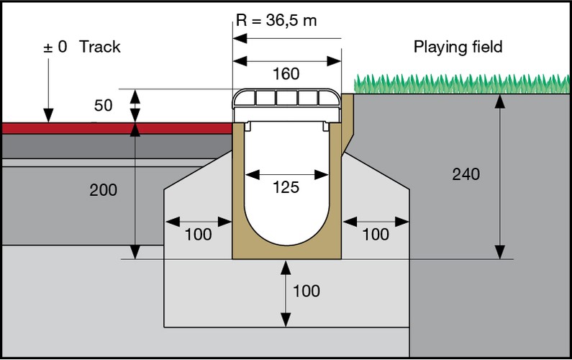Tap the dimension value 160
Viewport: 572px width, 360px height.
pos(286,73)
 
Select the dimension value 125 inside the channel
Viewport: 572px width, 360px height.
pos(286,187)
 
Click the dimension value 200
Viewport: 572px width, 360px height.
pos(103,190)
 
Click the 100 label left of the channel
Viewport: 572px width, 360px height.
pos(198,234)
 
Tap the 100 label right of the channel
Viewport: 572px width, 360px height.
pos(375,234)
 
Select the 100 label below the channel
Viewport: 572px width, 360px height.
pos(307,292)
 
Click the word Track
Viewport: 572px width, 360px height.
pos(100,48)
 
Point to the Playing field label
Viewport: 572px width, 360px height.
pos(458,48)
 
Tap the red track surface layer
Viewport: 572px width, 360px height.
pos(115,128)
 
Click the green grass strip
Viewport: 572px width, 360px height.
pos(460,84)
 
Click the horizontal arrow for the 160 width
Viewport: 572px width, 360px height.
pos(286,60)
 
